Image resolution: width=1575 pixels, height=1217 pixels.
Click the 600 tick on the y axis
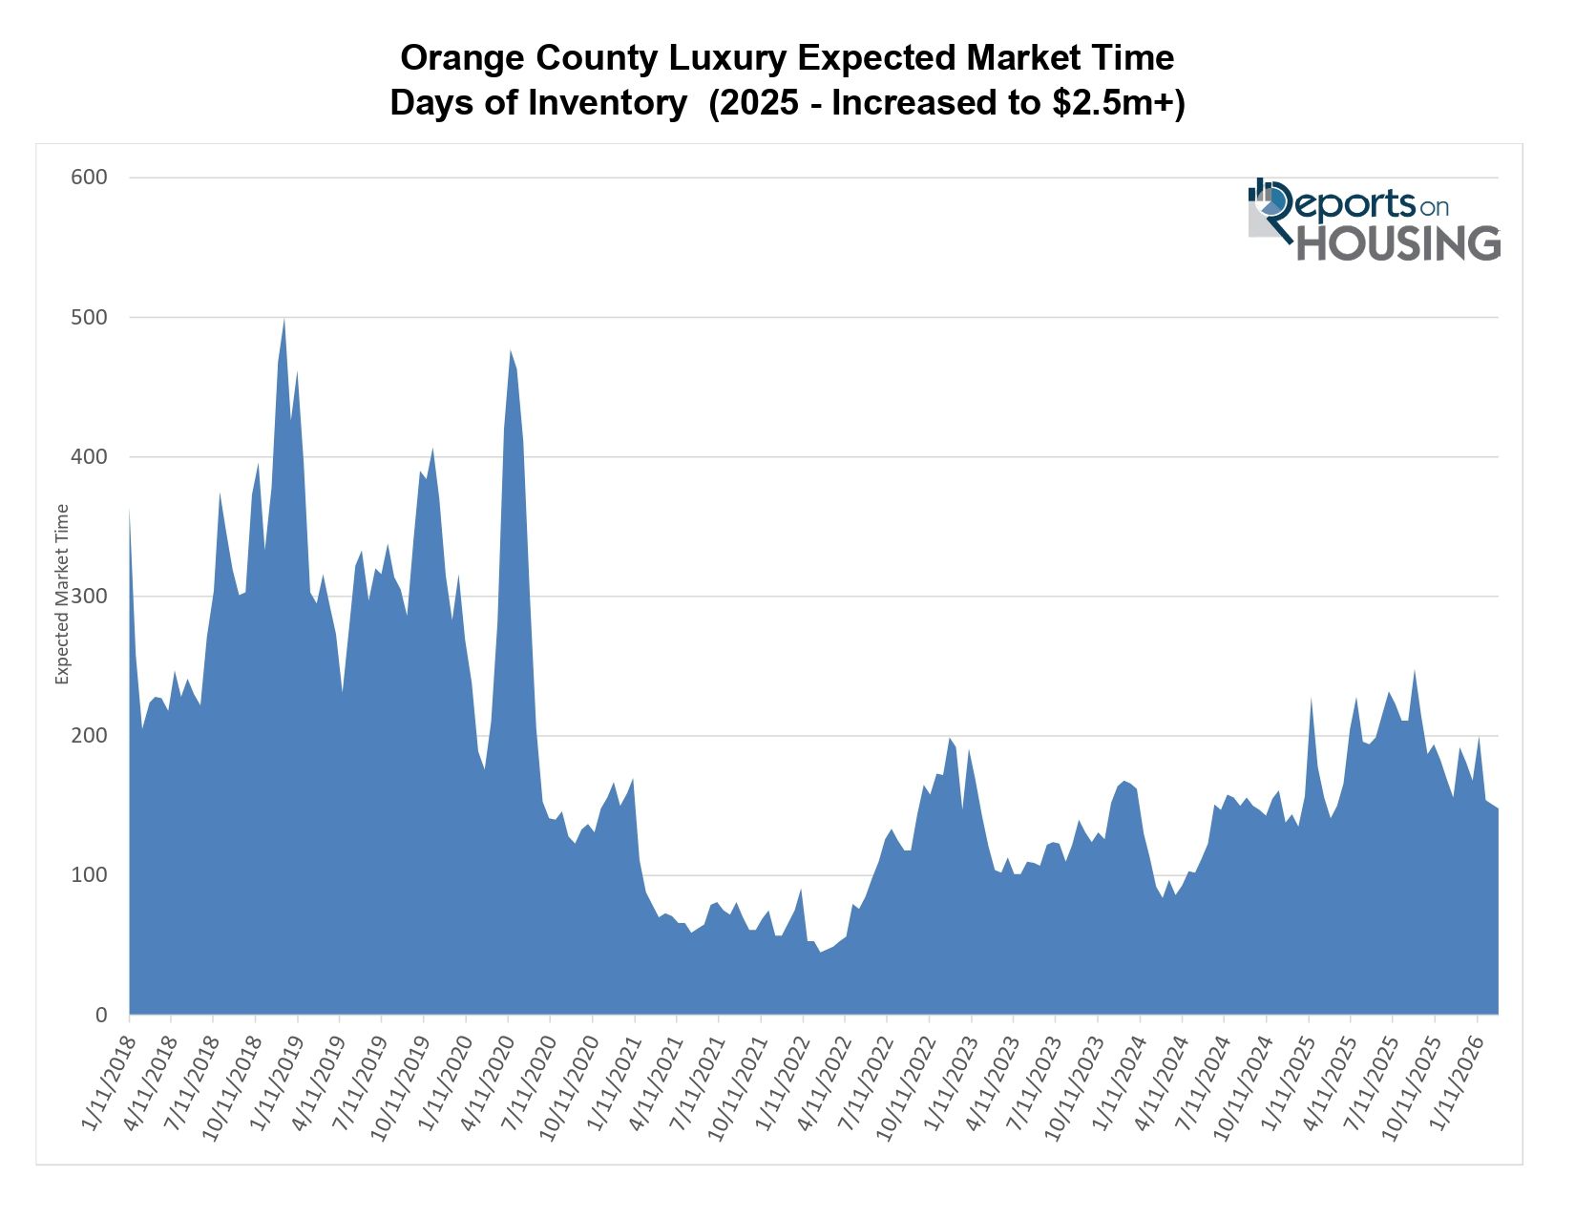89,178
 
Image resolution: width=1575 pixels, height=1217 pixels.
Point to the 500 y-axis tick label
89,317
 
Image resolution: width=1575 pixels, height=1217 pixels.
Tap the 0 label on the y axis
101,1016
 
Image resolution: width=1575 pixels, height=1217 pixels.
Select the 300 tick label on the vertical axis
89,597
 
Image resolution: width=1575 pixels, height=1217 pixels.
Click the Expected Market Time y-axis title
63,594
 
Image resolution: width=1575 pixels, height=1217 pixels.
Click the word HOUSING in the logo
1397,243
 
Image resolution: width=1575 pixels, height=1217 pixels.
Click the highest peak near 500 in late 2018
284,321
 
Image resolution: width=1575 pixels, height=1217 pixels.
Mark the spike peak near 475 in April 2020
511,352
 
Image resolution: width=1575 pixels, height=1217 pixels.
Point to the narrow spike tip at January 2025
1312,701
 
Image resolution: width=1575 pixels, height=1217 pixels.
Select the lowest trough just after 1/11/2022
820,951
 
